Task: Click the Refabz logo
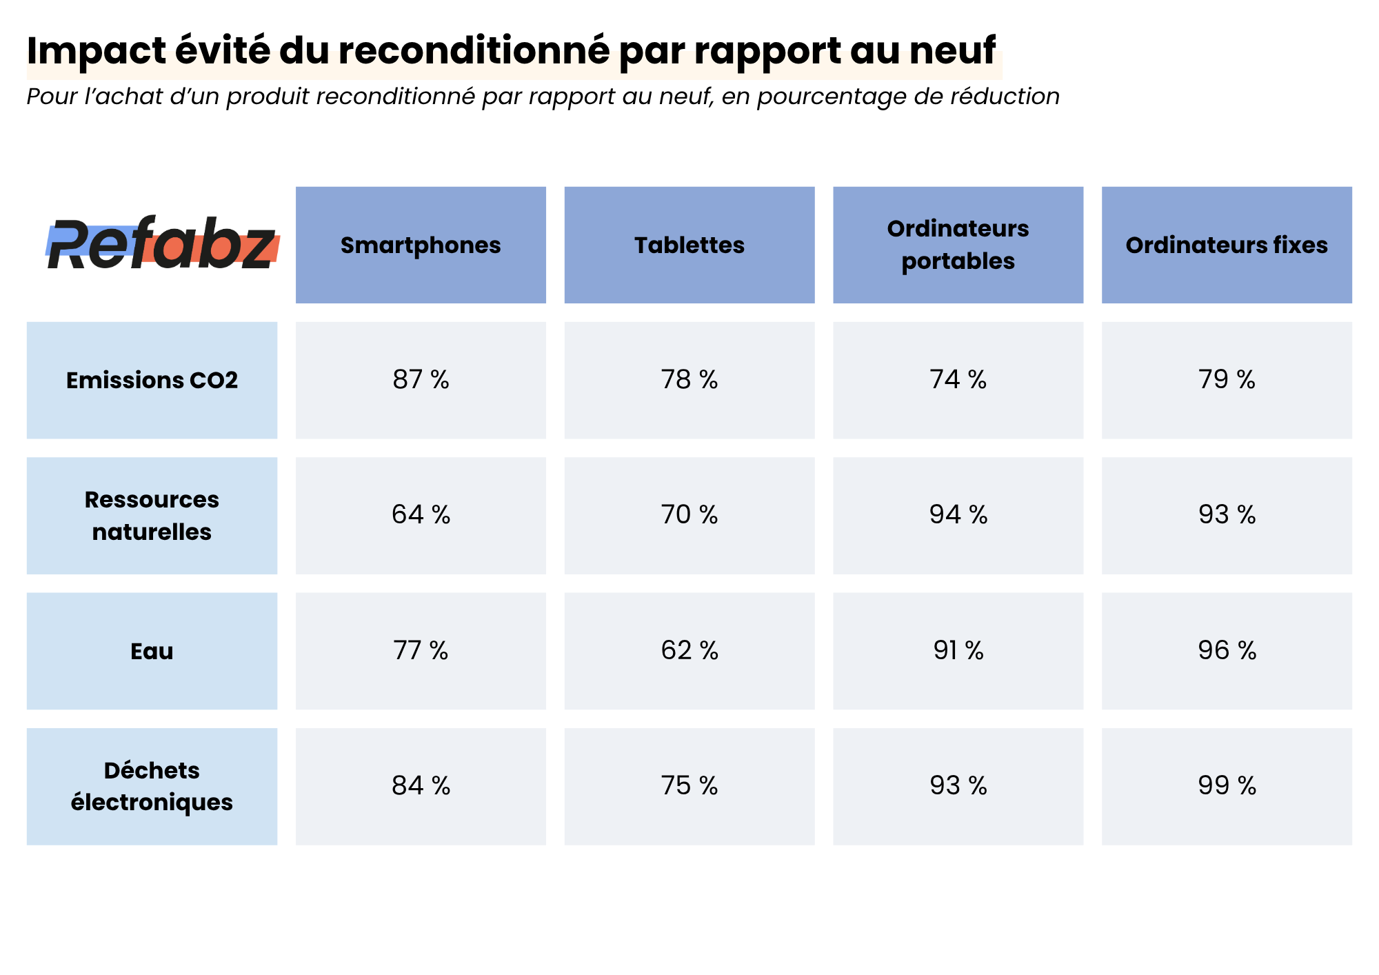(x=162, y=245)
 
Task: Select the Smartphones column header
(x=421, y=245)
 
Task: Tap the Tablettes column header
(x=689, y=245)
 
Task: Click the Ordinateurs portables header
(x=958, y=245)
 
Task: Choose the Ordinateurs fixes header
(x=1227, y=245)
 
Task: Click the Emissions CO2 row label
(x=152, y=380)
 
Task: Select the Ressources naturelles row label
(x=152, y=515)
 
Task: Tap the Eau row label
(x=152, y=651)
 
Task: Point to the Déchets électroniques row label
(x=152, y=786)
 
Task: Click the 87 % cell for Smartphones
(x=421, y=380)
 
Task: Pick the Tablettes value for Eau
(x=689, y=651)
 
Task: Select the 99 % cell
(x=1227, y=786)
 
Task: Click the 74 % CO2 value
(x=958, y=380)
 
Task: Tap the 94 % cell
(x=958, y=515)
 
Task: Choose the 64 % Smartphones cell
(x=421, y=515)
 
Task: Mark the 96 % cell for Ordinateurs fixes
(x=1227, y=651)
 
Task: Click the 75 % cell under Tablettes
(x=689, y=786)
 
